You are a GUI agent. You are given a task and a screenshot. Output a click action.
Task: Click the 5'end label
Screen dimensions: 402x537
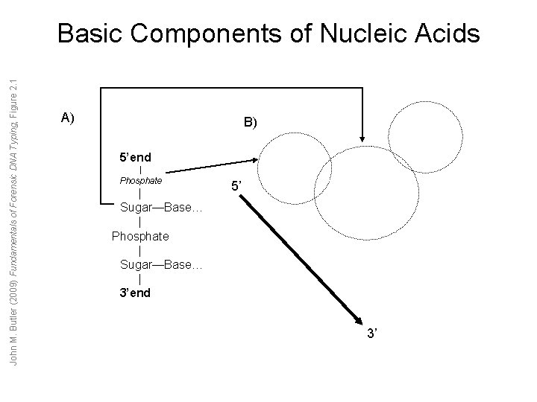(136, 158)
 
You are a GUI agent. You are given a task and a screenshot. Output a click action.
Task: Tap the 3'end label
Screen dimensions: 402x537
(136, 293)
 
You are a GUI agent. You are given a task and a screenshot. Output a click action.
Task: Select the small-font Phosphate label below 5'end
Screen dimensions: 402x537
(140, 180)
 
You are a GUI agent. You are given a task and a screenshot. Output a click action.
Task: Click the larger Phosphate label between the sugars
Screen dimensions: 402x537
(140, 237)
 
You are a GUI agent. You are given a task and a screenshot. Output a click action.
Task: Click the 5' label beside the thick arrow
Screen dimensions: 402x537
(236, 189)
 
